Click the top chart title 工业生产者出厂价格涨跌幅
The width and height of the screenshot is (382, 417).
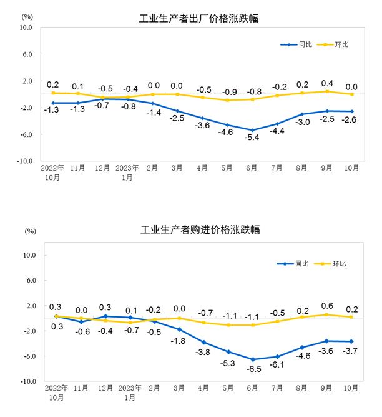[x=198, y=19]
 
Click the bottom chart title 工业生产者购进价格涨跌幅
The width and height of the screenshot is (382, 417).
[x=198, y=229]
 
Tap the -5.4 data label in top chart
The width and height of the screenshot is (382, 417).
[x=253, y=138]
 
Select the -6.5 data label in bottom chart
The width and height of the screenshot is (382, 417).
[x=253, y=369]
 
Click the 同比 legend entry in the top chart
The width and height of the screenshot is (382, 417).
[x=297, y=44]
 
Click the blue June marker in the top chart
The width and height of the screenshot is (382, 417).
[x=253, y=130]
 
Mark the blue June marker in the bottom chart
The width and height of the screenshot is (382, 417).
[x=253, y=359]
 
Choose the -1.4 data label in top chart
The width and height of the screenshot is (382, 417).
[x=152, y=113]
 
